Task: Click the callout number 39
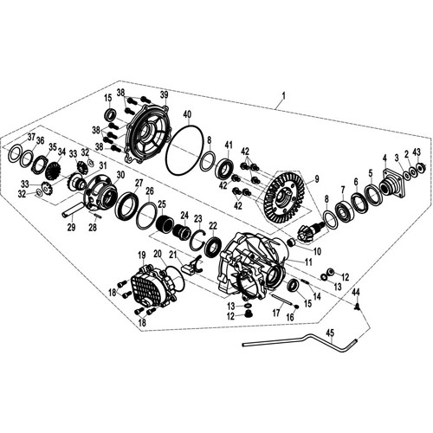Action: [x=164, y=94]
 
